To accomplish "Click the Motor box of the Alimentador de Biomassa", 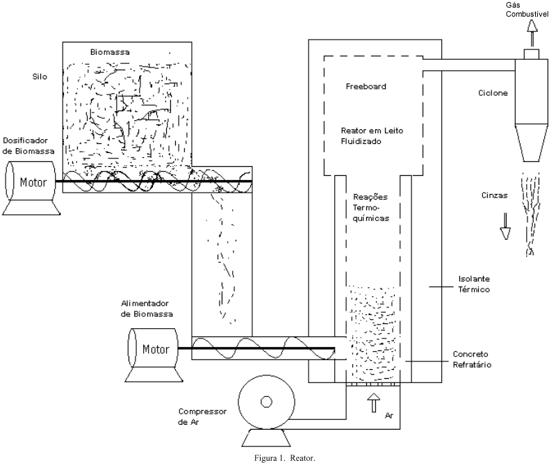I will pyautogui.click(x=154, y=348).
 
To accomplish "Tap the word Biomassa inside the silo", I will pyautogui.click(x=110, y=52).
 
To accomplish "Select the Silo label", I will pyautogui.click(x=40, y=77).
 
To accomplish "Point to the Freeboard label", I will pyautogui.click(x=366, y=87).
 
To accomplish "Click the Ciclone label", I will pyautogui.click(x=492, y=92).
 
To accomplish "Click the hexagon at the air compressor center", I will pyautogui.click(x=265, y=402).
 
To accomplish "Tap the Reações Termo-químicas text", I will pyautogui.click(x=369, y=207).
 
